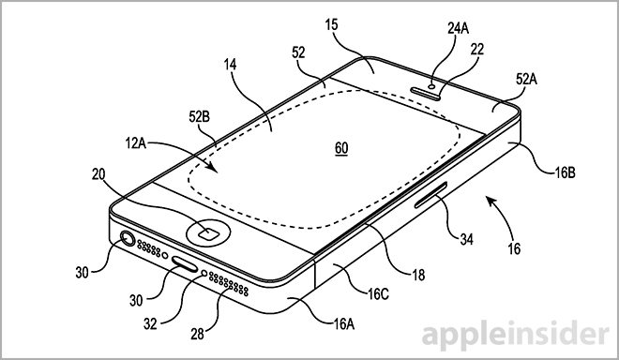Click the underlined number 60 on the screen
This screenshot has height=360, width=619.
point(341,148)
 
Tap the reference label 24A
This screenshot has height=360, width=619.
point(458,28)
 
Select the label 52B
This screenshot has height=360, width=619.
point(200,117)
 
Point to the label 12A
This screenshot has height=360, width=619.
point(136,143)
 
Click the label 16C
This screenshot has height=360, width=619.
point(378,293)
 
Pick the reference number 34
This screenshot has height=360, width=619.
point(466,239)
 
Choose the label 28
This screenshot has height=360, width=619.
point(197,334)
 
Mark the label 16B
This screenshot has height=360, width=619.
point(565,172)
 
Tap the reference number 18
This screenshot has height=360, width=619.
point(418,275)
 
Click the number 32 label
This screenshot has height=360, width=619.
point(150,323)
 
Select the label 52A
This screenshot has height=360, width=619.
point(526,80)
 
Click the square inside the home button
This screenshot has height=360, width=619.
point(207,234)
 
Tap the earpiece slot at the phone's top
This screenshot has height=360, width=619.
point(426,92)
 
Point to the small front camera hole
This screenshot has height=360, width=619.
point(432,85)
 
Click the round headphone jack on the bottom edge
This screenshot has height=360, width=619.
point(128,239)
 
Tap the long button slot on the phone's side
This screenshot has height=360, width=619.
point(431,195)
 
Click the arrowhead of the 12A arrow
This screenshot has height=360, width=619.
point(213,168)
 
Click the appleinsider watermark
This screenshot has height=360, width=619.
point(515,335)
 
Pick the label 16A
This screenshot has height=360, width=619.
point(343,324)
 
